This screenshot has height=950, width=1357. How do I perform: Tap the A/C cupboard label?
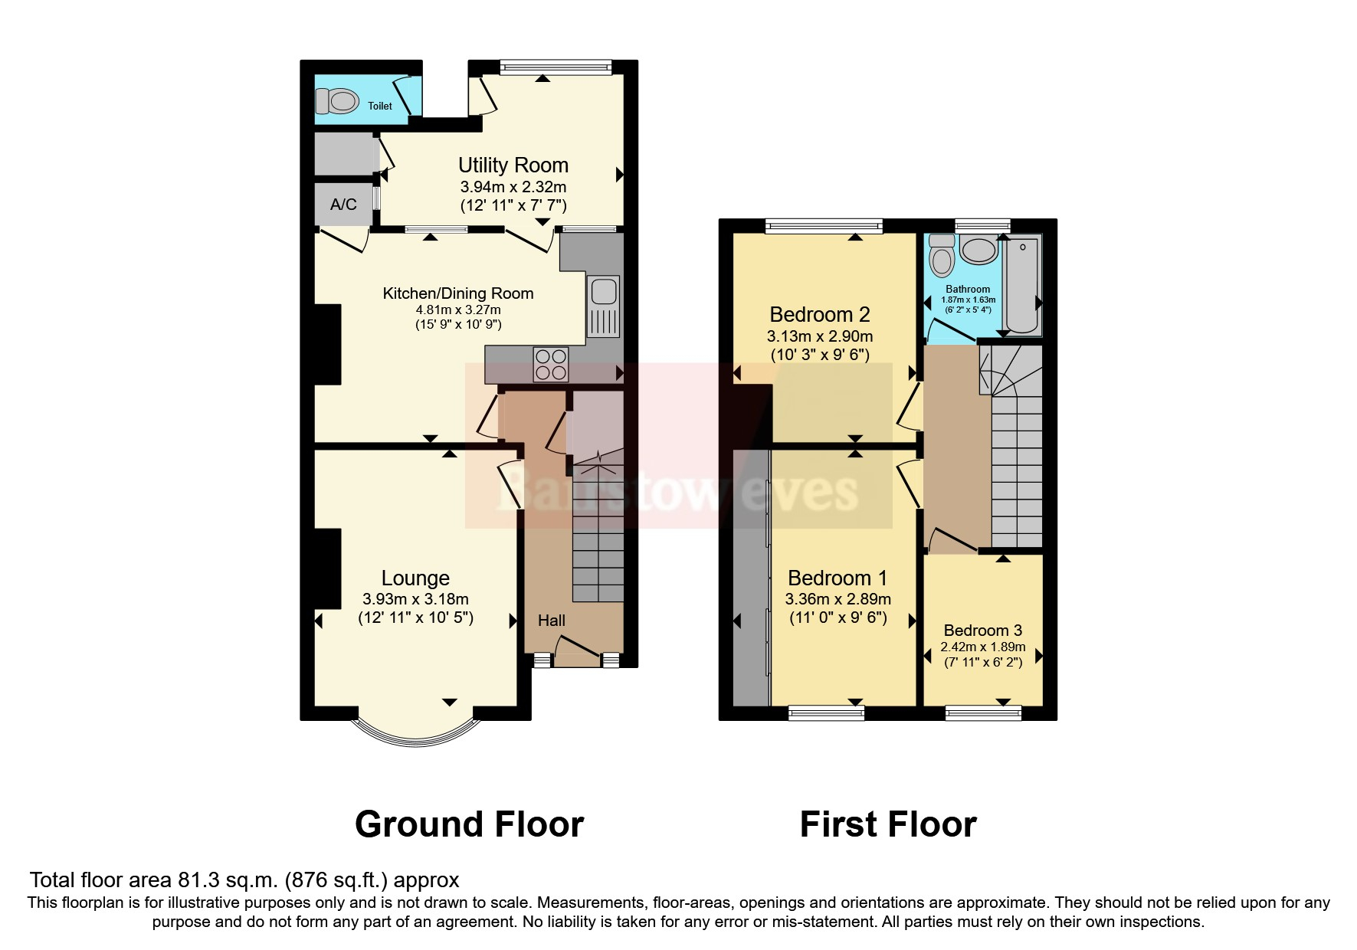point(343,205)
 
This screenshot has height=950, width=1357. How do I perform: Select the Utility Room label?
point(513,165)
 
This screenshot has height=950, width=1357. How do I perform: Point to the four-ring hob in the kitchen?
point(551,365)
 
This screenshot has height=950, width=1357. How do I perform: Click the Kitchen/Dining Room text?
point(457,293)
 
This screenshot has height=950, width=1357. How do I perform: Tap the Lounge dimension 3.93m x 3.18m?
point(415,599)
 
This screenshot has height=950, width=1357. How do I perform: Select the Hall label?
point(551,621)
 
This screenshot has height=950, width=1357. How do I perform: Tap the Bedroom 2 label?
point(819,315)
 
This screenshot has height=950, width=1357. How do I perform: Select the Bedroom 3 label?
point(982,631)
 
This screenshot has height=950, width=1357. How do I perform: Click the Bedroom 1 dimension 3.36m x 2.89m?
point(837,599)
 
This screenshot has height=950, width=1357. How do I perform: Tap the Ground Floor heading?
point(469,825)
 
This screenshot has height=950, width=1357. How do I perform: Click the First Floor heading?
point(887,825)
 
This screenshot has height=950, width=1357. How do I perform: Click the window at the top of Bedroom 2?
point(824,225)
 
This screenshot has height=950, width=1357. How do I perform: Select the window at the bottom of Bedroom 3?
point(983,713)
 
